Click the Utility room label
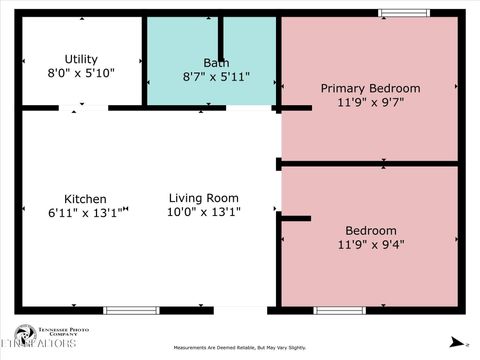81,59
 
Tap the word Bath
215,62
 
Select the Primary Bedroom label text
370,88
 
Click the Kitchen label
85,198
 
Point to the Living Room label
204,197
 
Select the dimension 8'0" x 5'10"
81,73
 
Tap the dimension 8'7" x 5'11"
215,76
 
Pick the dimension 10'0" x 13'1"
204,211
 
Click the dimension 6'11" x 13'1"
88,211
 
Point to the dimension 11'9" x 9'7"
370,102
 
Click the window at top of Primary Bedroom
404,13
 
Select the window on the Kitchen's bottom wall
131,310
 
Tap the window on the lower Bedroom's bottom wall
340,310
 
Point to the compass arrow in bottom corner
455,341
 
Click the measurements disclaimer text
240,348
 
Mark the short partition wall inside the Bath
220,40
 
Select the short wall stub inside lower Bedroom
296,217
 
